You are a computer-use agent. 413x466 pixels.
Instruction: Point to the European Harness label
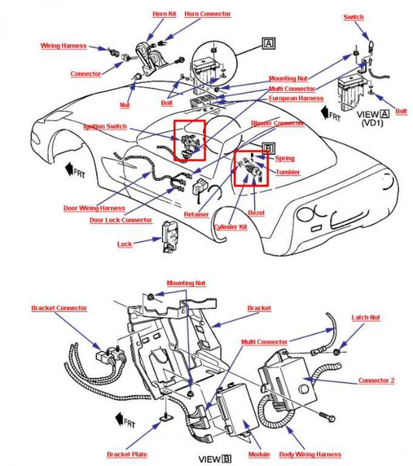295,98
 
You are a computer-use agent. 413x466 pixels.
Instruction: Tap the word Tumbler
287,172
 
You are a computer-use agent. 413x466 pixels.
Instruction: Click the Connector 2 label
377,381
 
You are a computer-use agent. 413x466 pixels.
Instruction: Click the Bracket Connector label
59,308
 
